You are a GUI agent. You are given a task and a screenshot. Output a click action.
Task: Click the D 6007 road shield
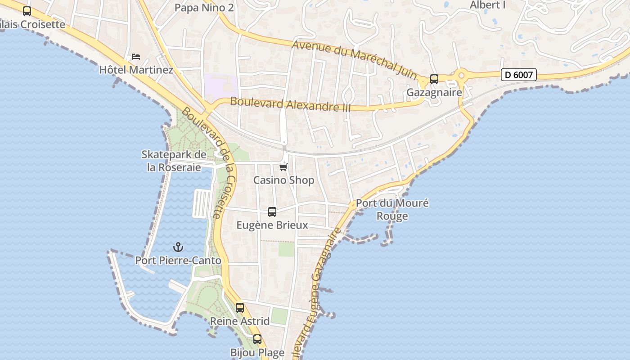pos(519,75)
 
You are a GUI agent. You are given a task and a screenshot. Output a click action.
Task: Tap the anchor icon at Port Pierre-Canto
pos(178,247)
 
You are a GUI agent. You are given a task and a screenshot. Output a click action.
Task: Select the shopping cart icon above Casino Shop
pos(283,167)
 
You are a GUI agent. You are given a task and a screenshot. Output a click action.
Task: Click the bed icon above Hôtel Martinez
pos(136,57)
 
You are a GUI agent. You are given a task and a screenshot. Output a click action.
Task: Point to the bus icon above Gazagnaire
pos(434,79)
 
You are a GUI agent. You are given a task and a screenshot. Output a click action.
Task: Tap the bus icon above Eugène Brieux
pos(272,212)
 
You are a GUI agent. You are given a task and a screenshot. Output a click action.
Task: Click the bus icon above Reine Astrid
pos(240,308)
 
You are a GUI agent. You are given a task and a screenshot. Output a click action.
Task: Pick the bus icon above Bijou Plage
pos(257,339)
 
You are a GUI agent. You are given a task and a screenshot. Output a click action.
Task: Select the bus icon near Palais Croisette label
pos(27,11)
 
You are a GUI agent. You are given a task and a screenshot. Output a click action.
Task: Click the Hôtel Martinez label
pos(136,70)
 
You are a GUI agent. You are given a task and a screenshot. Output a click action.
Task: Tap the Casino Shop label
pos(283,180)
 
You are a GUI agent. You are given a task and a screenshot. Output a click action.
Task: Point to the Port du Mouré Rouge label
pos(392,209)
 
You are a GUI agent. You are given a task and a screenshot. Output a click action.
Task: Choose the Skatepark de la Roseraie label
pos(174,161)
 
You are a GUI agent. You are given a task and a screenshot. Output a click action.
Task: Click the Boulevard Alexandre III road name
pos(290,104)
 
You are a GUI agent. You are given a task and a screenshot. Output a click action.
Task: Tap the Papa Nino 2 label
pos(204,8)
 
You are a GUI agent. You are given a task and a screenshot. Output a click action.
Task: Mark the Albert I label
pos(488,5)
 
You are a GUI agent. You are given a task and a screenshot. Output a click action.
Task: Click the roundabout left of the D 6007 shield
pos(461,75)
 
